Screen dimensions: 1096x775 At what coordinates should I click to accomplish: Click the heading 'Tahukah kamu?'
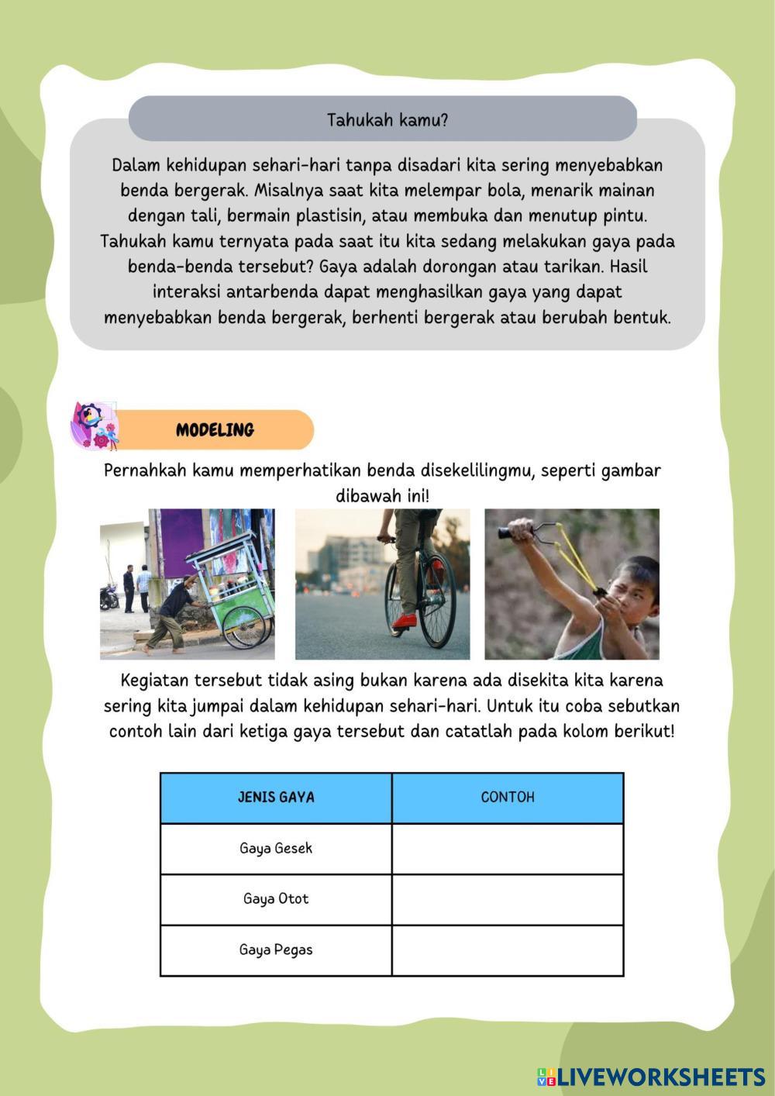tap(387, 120)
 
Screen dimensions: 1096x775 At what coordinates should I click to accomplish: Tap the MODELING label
tap(215, 430)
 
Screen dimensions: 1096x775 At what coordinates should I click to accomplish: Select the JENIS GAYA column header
tap(276, 798)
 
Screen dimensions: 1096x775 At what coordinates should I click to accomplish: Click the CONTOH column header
tap(508, 798)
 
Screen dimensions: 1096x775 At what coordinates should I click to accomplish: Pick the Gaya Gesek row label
tap(276, 848)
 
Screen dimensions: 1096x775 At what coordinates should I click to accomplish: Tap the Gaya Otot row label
tap(276, 899)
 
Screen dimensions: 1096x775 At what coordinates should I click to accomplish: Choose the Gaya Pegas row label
tap(276, 950)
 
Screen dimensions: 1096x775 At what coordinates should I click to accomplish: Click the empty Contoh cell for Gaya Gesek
tap(508, 848)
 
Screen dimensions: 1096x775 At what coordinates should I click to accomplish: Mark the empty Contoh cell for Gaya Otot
tap(508, 899)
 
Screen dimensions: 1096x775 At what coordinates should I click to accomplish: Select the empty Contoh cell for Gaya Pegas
tap(508, 950)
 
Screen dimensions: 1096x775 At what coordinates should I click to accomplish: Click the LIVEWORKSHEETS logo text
tap(660, 1077)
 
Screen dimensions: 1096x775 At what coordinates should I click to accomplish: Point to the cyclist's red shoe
tap(405, 621)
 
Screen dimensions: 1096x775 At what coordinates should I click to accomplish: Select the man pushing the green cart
tap(170, 612)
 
